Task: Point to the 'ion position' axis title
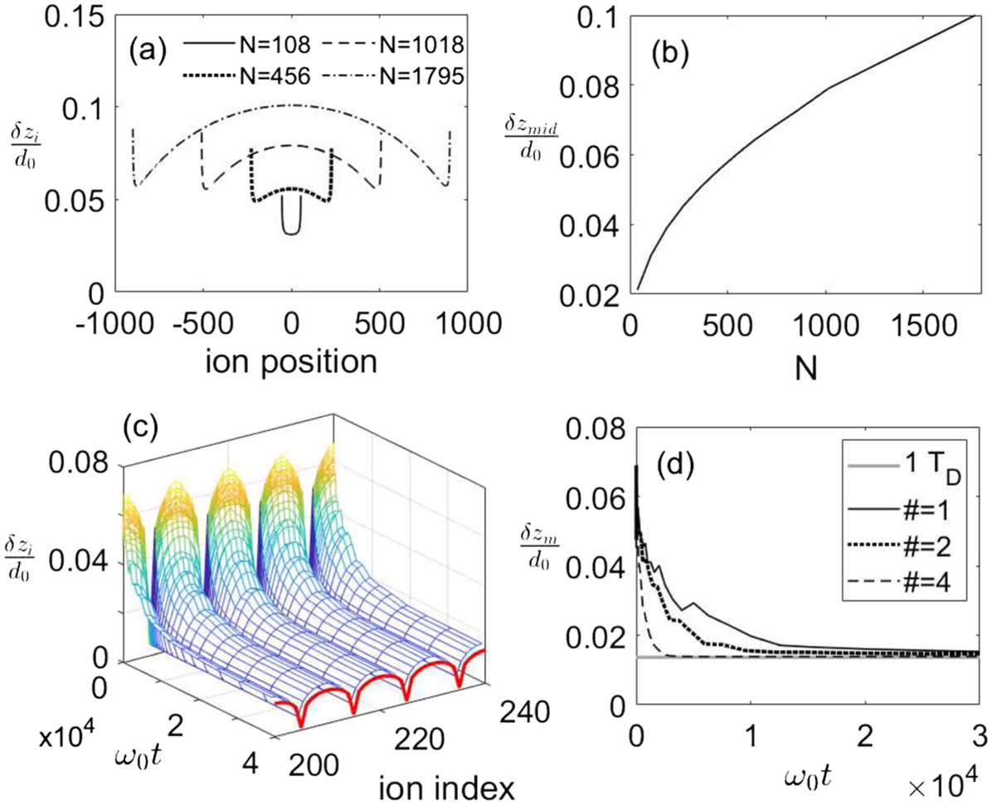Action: coord(292,363)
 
